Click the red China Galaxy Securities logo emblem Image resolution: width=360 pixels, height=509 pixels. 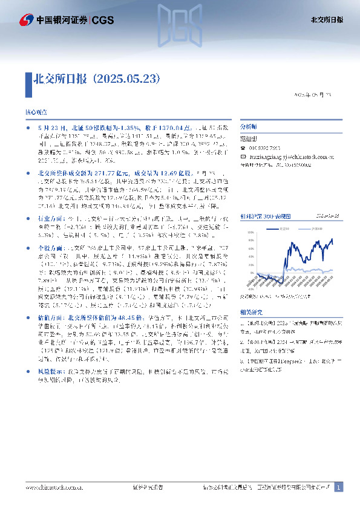coord(26,20)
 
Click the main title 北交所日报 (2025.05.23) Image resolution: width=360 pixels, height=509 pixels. coord(97,79)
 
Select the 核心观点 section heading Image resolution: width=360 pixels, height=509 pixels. coord(34,113)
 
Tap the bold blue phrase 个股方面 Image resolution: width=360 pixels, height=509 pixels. coord(49,231)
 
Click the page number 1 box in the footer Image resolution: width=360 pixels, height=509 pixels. coord(338,487)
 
